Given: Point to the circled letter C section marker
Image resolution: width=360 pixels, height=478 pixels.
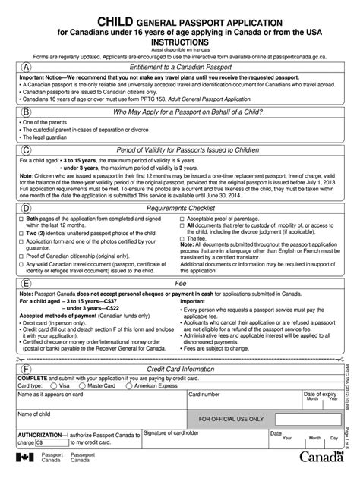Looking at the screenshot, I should pos(27,151).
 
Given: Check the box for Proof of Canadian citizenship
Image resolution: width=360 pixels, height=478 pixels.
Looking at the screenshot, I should pos(21,256).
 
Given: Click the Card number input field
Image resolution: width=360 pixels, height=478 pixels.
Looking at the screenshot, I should pos(228,401).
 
